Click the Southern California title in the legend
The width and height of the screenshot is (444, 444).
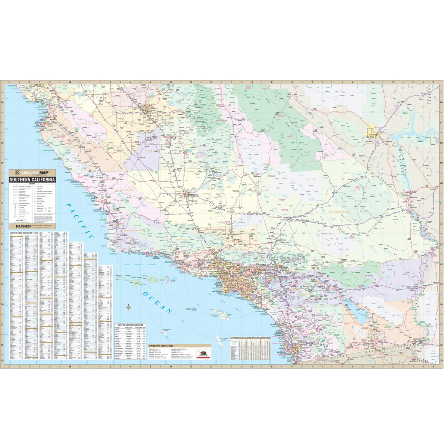(33, 179)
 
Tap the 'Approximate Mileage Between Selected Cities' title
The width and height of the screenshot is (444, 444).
(256, 338)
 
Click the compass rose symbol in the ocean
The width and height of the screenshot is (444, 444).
(128, 306)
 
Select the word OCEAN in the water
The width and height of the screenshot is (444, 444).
(156, 300)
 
